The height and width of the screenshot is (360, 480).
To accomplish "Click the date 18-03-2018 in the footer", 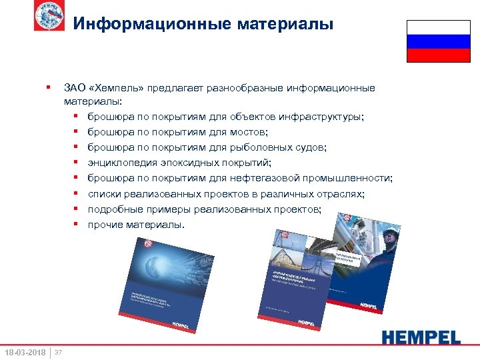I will pyautogui.click(x=25, y=351).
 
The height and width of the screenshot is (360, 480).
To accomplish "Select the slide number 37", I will pyautogui.click(x=58, y=351).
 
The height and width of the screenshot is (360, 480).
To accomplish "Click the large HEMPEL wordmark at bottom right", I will pyautogui.click(x=421, y=337).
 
